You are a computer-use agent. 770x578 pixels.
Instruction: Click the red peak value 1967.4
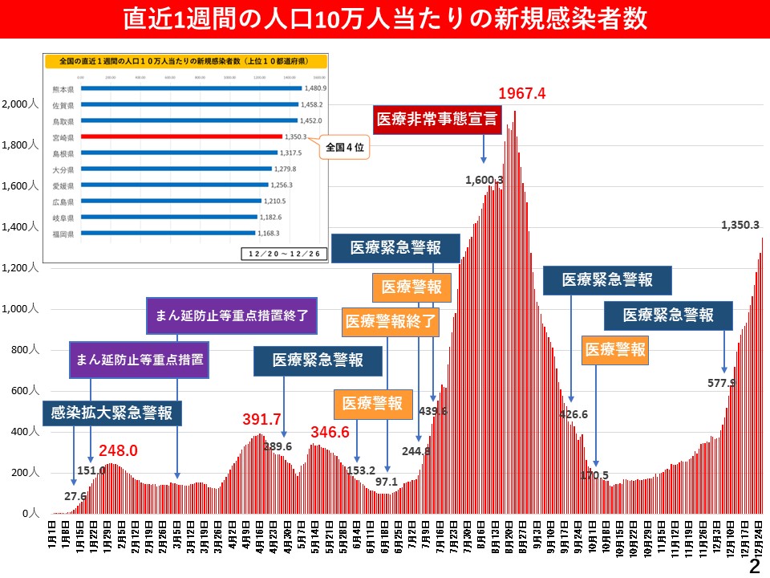tap(521, 93)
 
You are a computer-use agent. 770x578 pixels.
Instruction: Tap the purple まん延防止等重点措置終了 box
tap(232, 315)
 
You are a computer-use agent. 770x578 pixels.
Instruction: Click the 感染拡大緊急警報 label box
tap(111, 413)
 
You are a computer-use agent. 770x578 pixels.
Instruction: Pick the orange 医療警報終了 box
tap(391, 323)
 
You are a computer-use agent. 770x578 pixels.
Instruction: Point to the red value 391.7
tap(261, 420)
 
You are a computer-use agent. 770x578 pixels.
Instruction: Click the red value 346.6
tap(330, 432)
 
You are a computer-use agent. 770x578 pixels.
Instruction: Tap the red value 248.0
tap(119, 451)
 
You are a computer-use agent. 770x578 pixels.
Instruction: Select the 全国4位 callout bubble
tap(345, 149)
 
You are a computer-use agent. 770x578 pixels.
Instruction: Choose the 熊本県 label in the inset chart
tap(62, 88)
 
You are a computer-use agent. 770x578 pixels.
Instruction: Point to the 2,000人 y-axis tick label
tap(19, 104)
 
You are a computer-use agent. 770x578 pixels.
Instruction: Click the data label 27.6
tap(75, 496)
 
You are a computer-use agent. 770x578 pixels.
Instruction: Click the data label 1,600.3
tap(484, 180)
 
